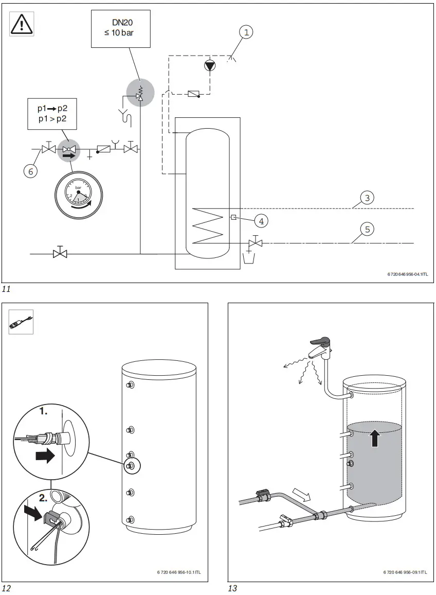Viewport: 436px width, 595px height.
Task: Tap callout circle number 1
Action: (247, 32)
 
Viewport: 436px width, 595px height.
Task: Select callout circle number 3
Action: (367, 198)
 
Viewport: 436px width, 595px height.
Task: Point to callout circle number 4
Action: (261, 221)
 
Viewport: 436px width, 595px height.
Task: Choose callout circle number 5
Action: (367, 230)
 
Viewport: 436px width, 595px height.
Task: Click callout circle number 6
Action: (31, 171)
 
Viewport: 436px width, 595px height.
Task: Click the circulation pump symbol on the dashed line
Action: (209, 65)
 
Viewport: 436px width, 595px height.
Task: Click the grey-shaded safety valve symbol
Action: (139, 93)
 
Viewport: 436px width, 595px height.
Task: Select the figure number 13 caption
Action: (232, 588)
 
